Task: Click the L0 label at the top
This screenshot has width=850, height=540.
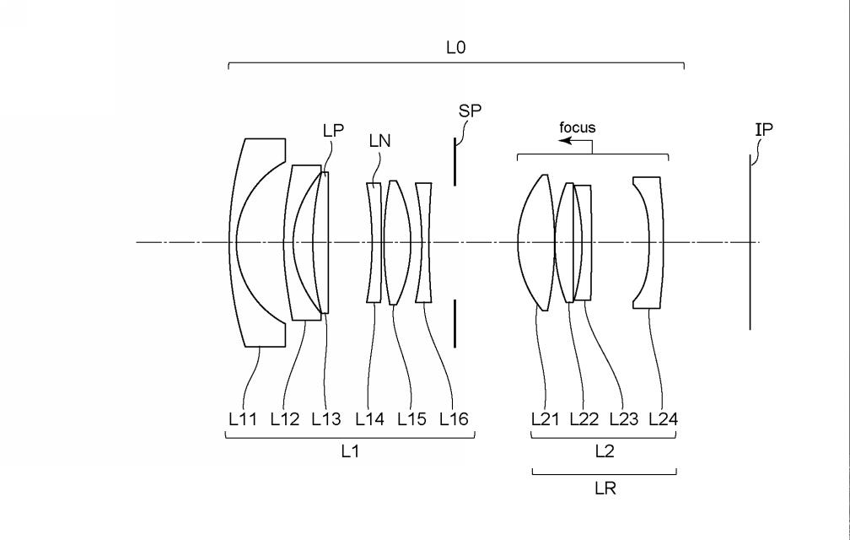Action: [x=456, y=48]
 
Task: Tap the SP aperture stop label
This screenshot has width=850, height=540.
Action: [x=470, y=111]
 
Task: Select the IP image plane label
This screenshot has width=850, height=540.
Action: [x=764, y=130]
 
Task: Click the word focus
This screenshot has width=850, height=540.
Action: [x=578, y=128]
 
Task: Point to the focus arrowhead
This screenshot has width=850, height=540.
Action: [x=565, y=141]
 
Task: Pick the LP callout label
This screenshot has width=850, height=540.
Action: [x=333, y=131]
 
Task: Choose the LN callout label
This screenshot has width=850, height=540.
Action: [x=379, y=141]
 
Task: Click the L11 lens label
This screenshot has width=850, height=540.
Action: [x=242, y=419]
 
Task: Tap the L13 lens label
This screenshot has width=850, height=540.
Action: [x=326, y=419]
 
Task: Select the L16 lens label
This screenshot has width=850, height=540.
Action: [x=454, y=419]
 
